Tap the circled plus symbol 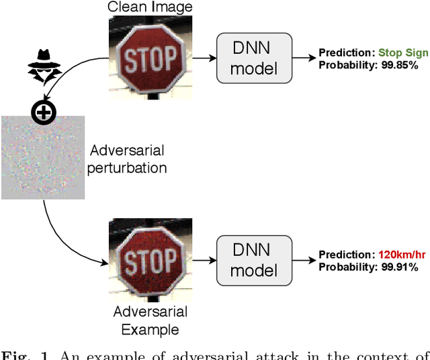[44, 114]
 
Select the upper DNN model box [255, 58]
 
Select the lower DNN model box [255, 260]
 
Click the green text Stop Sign [403, 53]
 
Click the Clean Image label [150, 7]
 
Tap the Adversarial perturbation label [128, 159]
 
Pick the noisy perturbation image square [42, 157]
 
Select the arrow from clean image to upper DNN [202, 59]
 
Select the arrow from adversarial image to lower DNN [202, 261]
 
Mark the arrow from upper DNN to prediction [303, 59]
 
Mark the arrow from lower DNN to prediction [303, 261]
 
